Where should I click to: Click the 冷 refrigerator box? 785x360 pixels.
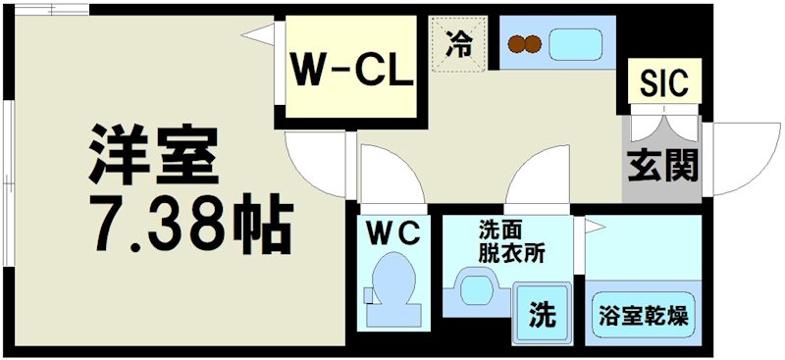click(457, 45)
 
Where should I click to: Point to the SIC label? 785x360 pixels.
click(664, 80)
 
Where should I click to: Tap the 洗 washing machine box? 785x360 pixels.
click(543, 315)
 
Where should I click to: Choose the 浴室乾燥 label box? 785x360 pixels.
click(643, 316)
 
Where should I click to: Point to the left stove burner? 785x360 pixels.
click(516, 44)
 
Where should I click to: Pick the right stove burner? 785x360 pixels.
click(533, 44)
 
